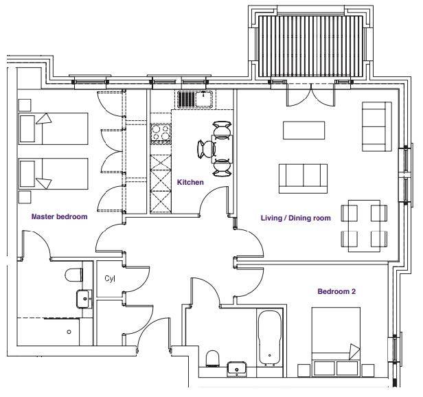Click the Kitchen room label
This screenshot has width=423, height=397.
click(x=190, y=182)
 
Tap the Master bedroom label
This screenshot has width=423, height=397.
click(x=59, y=216)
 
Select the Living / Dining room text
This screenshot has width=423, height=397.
click(x=296, y=218)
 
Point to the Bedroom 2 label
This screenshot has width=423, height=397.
click(x=336, y=291)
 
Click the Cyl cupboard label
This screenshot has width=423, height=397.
click(x=110, y=279)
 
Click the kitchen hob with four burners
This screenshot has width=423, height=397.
click(x=161, y=133)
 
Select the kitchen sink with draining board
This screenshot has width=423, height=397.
click(x=195, y=100)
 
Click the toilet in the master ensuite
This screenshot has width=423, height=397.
click(x=74, y=275)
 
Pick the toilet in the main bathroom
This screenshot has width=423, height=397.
click(x=212, y=359)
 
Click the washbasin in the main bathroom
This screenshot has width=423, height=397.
click(x=237, y=369)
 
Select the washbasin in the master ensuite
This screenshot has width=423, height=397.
click(x=84, y=299)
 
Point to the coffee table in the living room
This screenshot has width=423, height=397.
click(x=304, y=131)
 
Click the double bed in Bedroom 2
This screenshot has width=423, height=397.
click(x=336, y=341)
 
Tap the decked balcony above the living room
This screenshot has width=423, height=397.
click(x=310, y=47)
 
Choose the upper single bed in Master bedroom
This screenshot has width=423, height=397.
click(x=53, y=128)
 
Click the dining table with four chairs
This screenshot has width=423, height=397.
click(x=364, y=226)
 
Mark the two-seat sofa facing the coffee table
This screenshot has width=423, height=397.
click(x=304, y=179)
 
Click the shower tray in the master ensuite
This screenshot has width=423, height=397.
click(x=49, y=332)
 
